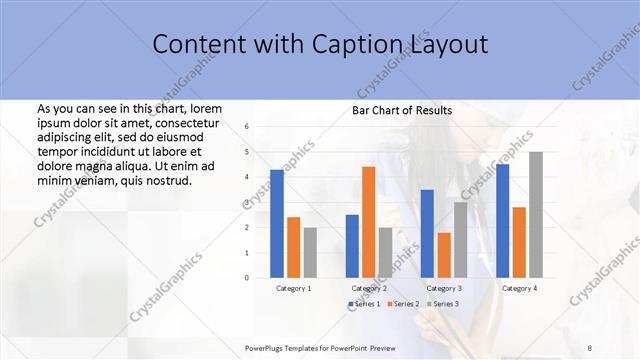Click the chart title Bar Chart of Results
tap(401, 110)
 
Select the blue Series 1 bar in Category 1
tap(277, 223)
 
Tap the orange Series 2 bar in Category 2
tap(368, 221)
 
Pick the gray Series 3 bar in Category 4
tap(536, 214)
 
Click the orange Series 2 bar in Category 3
tap(444, 255)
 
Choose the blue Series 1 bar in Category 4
tap(502, 220)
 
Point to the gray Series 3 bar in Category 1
tap(311, 252)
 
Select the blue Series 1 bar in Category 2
tap(352, 245)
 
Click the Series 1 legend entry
tap(364, 303)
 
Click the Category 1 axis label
tap(294, 288)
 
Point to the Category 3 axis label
tap(445, 288)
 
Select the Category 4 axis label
tap(519, 288)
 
